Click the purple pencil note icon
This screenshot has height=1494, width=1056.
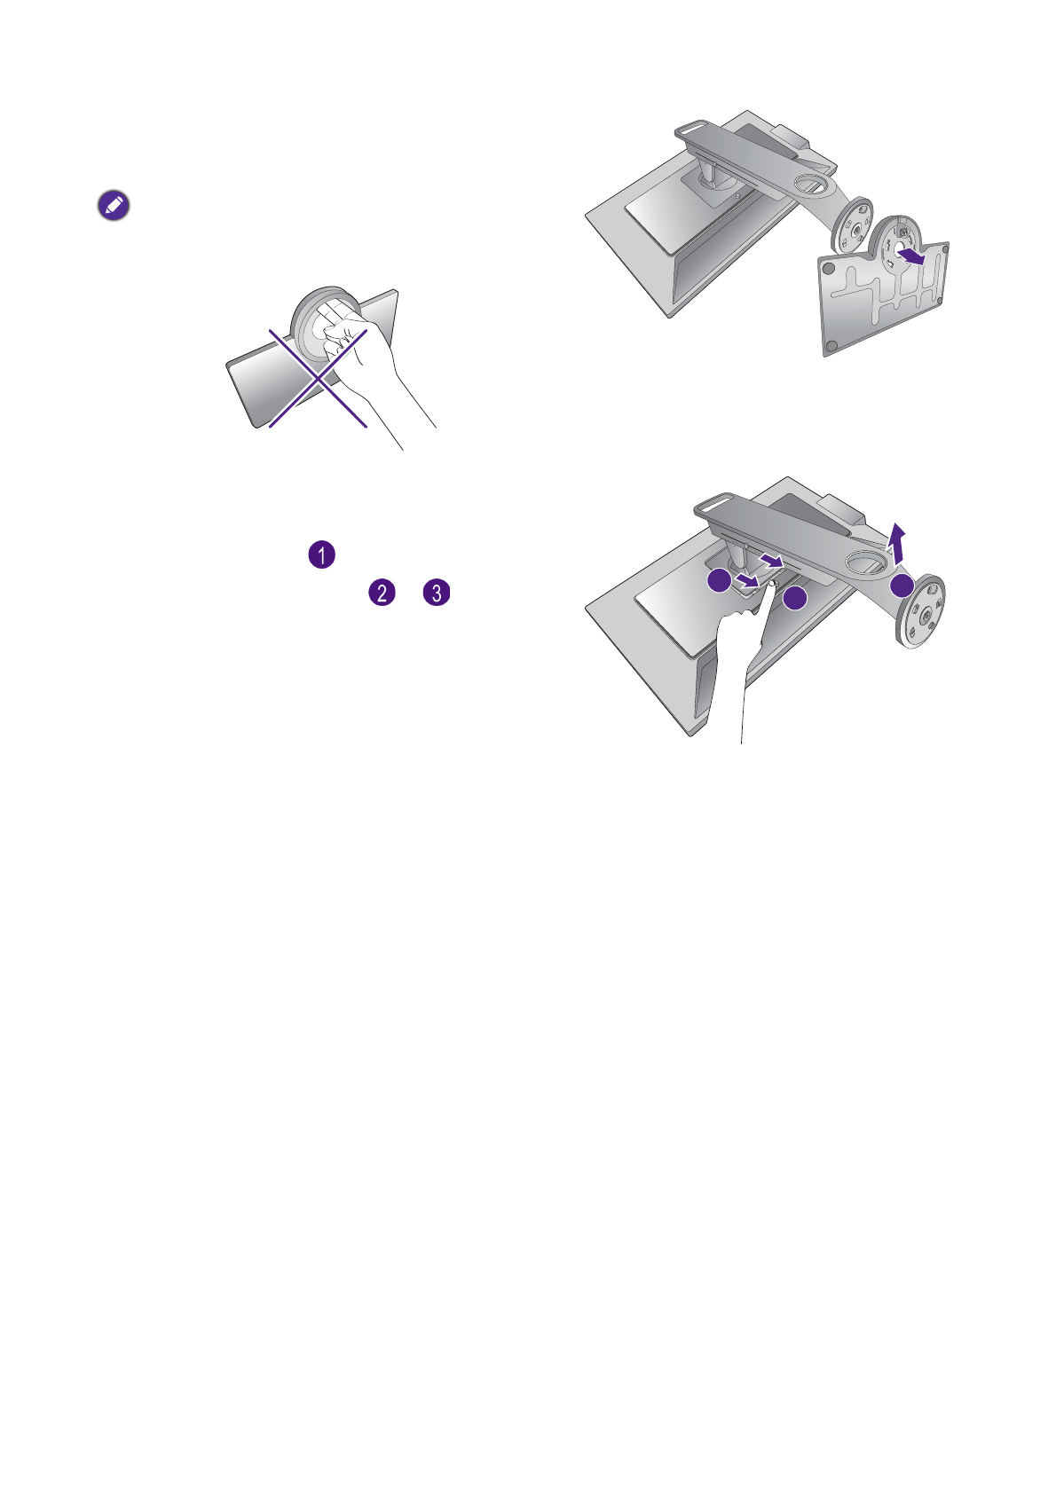(x=114, y=206)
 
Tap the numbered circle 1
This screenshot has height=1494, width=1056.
(x=321, y=555)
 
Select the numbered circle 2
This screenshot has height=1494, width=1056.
(x=381, y=593)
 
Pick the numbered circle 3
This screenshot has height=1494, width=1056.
(x=437, y=593)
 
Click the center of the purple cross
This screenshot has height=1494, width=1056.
(x=319, y=378)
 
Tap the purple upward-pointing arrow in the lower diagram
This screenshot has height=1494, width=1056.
(x=899, y=542)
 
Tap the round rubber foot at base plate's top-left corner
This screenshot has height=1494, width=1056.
(x=826, y=266)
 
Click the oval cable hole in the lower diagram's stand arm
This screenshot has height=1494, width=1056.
(x=864, y=561)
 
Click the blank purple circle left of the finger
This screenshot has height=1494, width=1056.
(x=721, y=581)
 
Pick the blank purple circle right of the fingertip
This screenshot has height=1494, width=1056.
(x=795, y=600)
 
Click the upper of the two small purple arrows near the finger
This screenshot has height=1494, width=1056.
(x=774, y=562)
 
